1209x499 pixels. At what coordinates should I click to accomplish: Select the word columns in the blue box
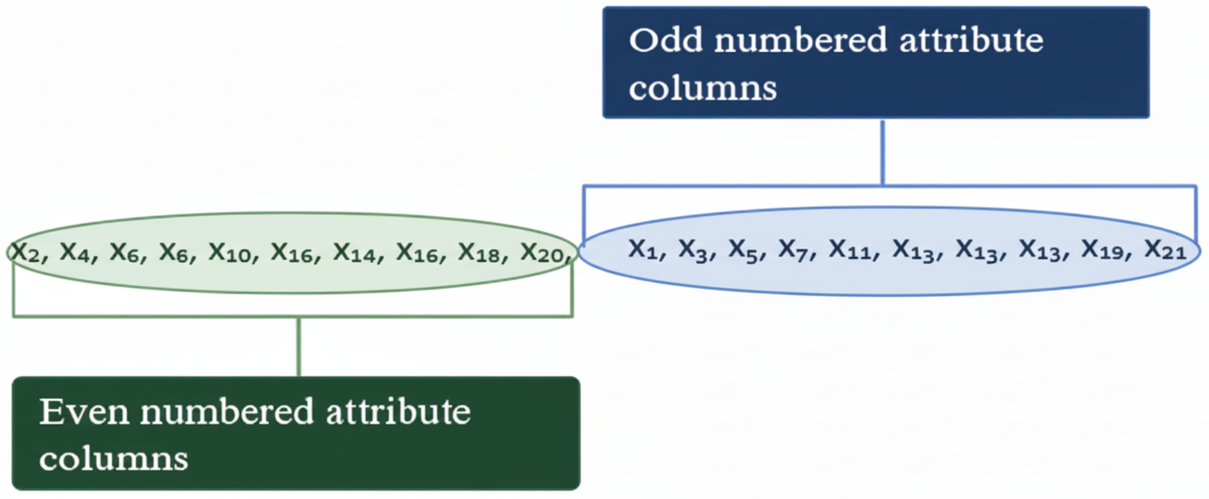click(x=702, y=88)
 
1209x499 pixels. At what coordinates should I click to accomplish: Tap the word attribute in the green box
click(x=398, y=412)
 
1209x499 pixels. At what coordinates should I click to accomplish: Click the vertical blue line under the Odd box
click(x=883, y=152)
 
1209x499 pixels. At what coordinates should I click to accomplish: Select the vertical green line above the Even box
click(x=298, y=347)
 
